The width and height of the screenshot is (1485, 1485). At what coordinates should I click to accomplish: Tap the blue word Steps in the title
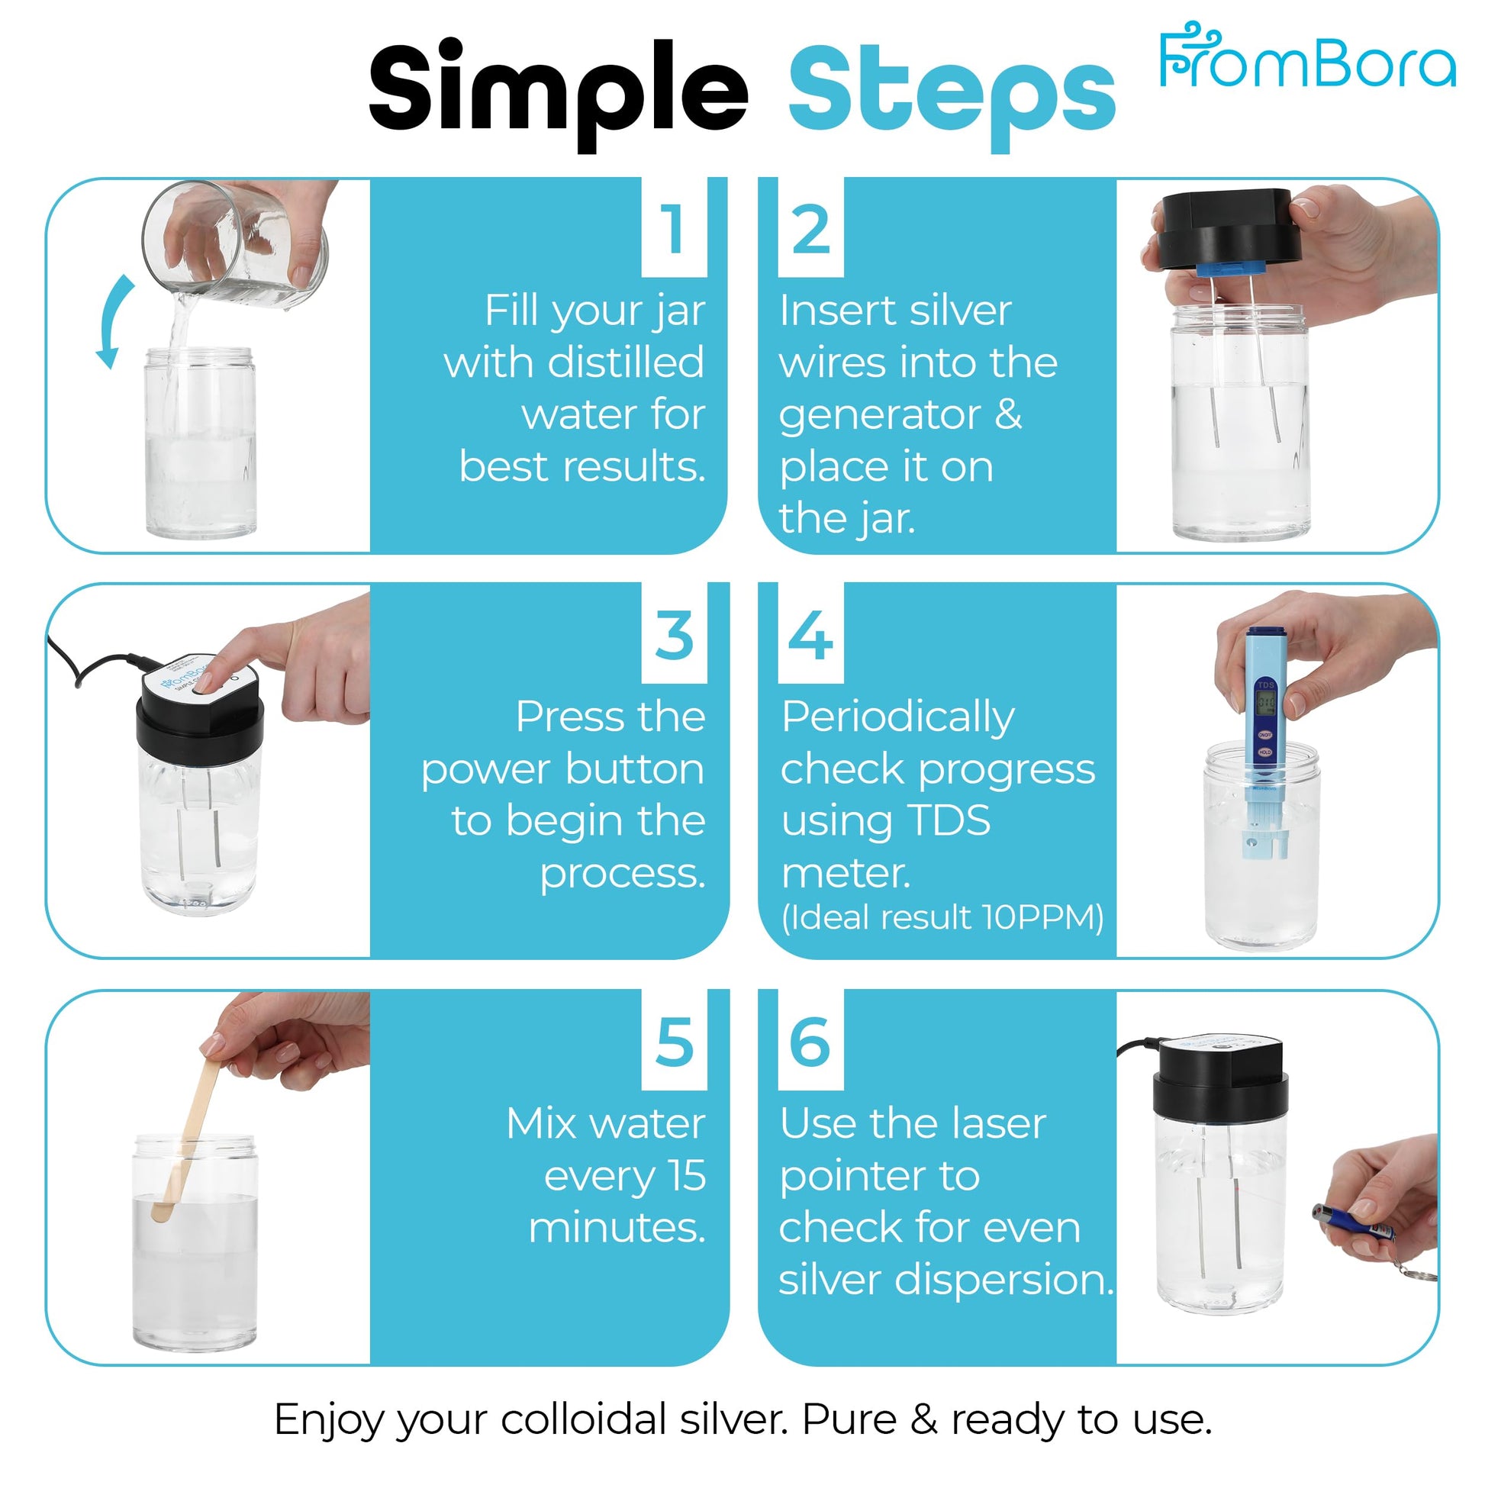952,95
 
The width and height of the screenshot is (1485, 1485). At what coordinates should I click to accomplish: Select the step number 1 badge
674,227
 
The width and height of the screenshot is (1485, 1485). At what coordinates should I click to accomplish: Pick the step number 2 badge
811,227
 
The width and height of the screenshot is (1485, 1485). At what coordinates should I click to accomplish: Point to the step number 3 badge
674,634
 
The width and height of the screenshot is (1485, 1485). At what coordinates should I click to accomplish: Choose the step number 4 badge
811,634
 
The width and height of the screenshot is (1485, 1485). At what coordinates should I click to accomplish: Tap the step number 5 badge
674,1041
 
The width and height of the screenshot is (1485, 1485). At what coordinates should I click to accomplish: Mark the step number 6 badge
811,1041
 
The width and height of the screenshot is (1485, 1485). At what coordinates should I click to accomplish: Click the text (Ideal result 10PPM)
942,917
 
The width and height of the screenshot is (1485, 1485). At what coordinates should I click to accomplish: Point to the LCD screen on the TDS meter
1265,703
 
